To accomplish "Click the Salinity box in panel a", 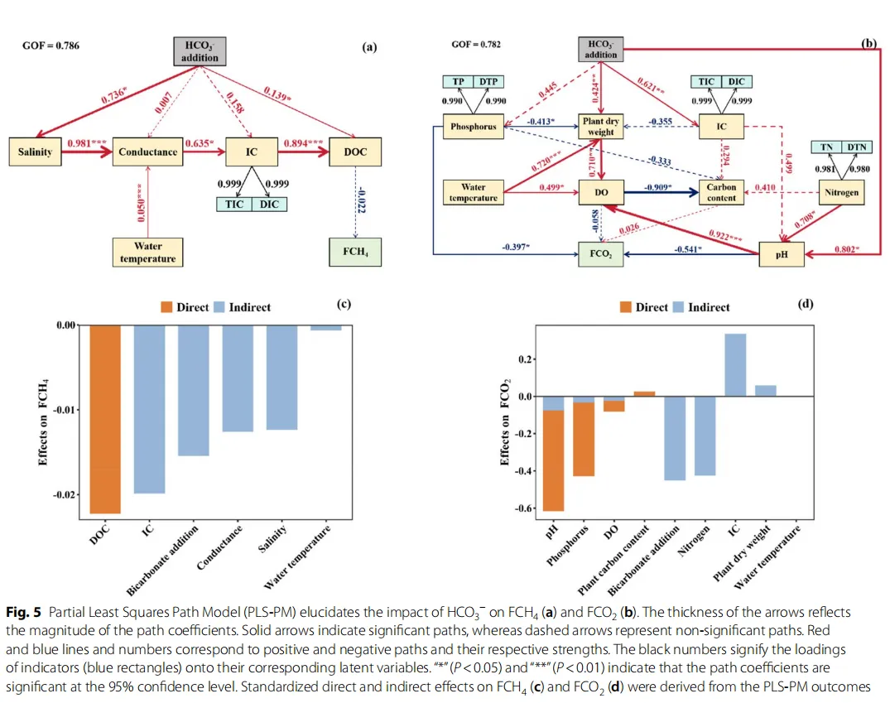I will (35, 152).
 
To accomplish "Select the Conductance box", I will (148, 152).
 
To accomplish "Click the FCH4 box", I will (354, 250).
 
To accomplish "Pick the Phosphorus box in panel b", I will (473, 127).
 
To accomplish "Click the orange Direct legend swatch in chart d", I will (625, 307).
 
